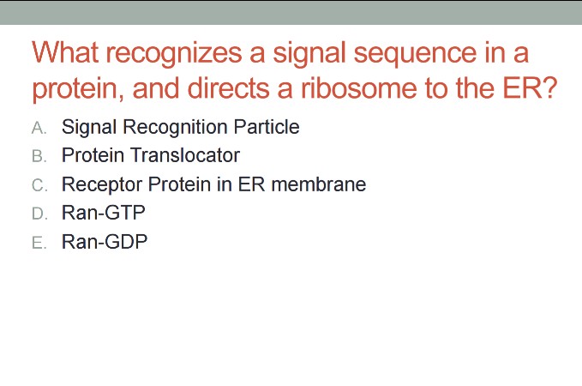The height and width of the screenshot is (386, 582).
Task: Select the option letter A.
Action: [38, 128]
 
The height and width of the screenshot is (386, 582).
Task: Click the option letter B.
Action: [38, 156]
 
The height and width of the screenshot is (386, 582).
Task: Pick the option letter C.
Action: [38, 184]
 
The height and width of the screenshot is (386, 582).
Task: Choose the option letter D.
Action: [38, 214]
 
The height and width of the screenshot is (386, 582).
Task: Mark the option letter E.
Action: [38, 243]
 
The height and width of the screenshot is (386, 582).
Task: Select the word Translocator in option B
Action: [184, 155]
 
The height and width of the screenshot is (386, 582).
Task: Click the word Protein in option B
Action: [93, 155]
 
